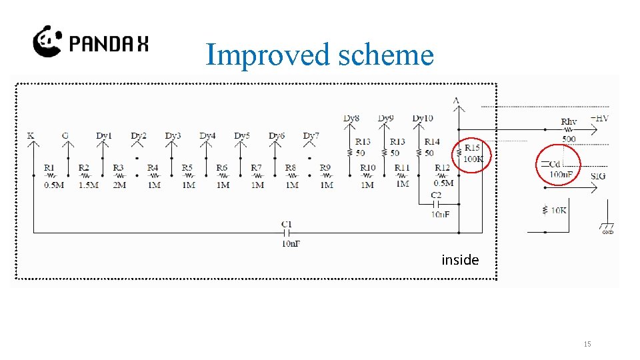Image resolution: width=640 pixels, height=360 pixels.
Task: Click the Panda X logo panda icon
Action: coord(47,41)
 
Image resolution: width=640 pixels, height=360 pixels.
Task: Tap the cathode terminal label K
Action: coord(31,136)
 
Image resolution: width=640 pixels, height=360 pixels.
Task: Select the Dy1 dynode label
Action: coord(103,136)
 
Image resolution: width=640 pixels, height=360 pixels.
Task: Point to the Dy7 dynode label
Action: coord(311,136)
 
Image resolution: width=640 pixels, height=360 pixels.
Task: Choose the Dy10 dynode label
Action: coord(422,119)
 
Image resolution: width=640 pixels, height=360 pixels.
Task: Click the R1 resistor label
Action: coord(49,168)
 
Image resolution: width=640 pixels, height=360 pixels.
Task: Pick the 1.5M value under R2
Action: coord(88,185)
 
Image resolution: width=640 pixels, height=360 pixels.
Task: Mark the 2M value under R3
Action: coord(119,185)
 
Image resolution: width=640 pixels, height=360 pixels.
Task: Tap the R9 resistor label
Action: coord(325,168)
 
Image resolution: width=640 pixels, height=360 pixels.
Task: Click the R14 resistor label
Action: coord(432,142)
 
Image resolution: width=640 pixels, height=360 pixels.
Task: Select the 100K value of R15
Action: coord(473,159)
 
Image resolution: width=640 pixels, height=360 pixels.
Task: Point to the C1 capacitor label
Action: coord(287,224)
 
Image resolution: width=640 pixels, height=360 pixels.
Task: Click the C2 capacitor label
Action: coord(437,195)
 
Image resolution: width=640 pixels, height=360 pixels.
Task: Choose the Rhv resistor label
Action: coord(569,122)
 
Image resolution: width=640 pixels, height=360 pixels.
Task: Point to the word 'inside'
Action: coord(460,260)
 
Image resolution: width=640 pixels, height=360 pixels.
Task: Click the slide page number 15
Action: coord(587,344)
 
